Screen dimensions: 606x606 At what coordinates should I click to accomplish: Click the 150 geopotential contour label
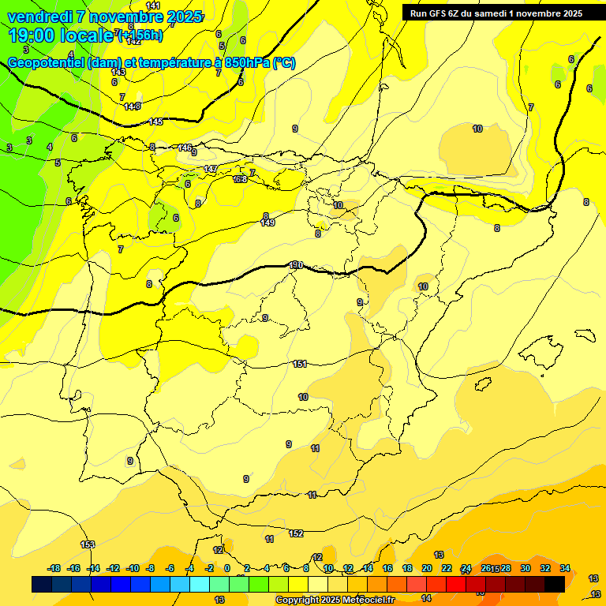[x=296, y=265]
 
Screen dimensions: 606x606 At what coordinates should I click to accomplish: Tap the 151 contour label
[x=300, y=364]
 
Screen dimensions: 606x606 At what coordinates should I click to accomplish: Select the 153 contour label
[x=88, y=544]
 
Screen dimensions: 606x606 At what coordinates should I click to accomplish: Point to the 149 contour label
[x=267, y=223]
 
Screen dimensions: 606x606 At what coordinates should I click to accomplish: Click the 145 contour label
[x=156, y=122]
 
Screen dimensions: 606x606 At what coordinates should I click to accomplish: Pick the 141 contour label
[x=153, y=6]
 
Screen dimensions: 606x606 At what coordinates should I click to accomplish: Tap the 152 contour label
[x=296, y=534]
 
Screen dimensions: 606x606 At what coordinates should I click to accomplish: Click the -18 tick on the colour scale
[x=54, y=568]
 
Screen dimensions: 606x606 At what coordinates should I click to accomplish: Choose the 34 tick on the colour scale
[x=565, y=568]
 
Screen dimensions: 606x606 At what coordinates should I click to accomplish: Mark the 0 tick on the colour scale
[x=227, y=568]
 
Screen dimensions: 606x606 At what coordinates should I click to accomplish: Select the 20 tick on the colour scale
[x=427, y=568]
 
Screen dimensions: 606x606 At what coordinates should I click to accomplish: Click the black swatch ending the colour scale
[x=555, y=584]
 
